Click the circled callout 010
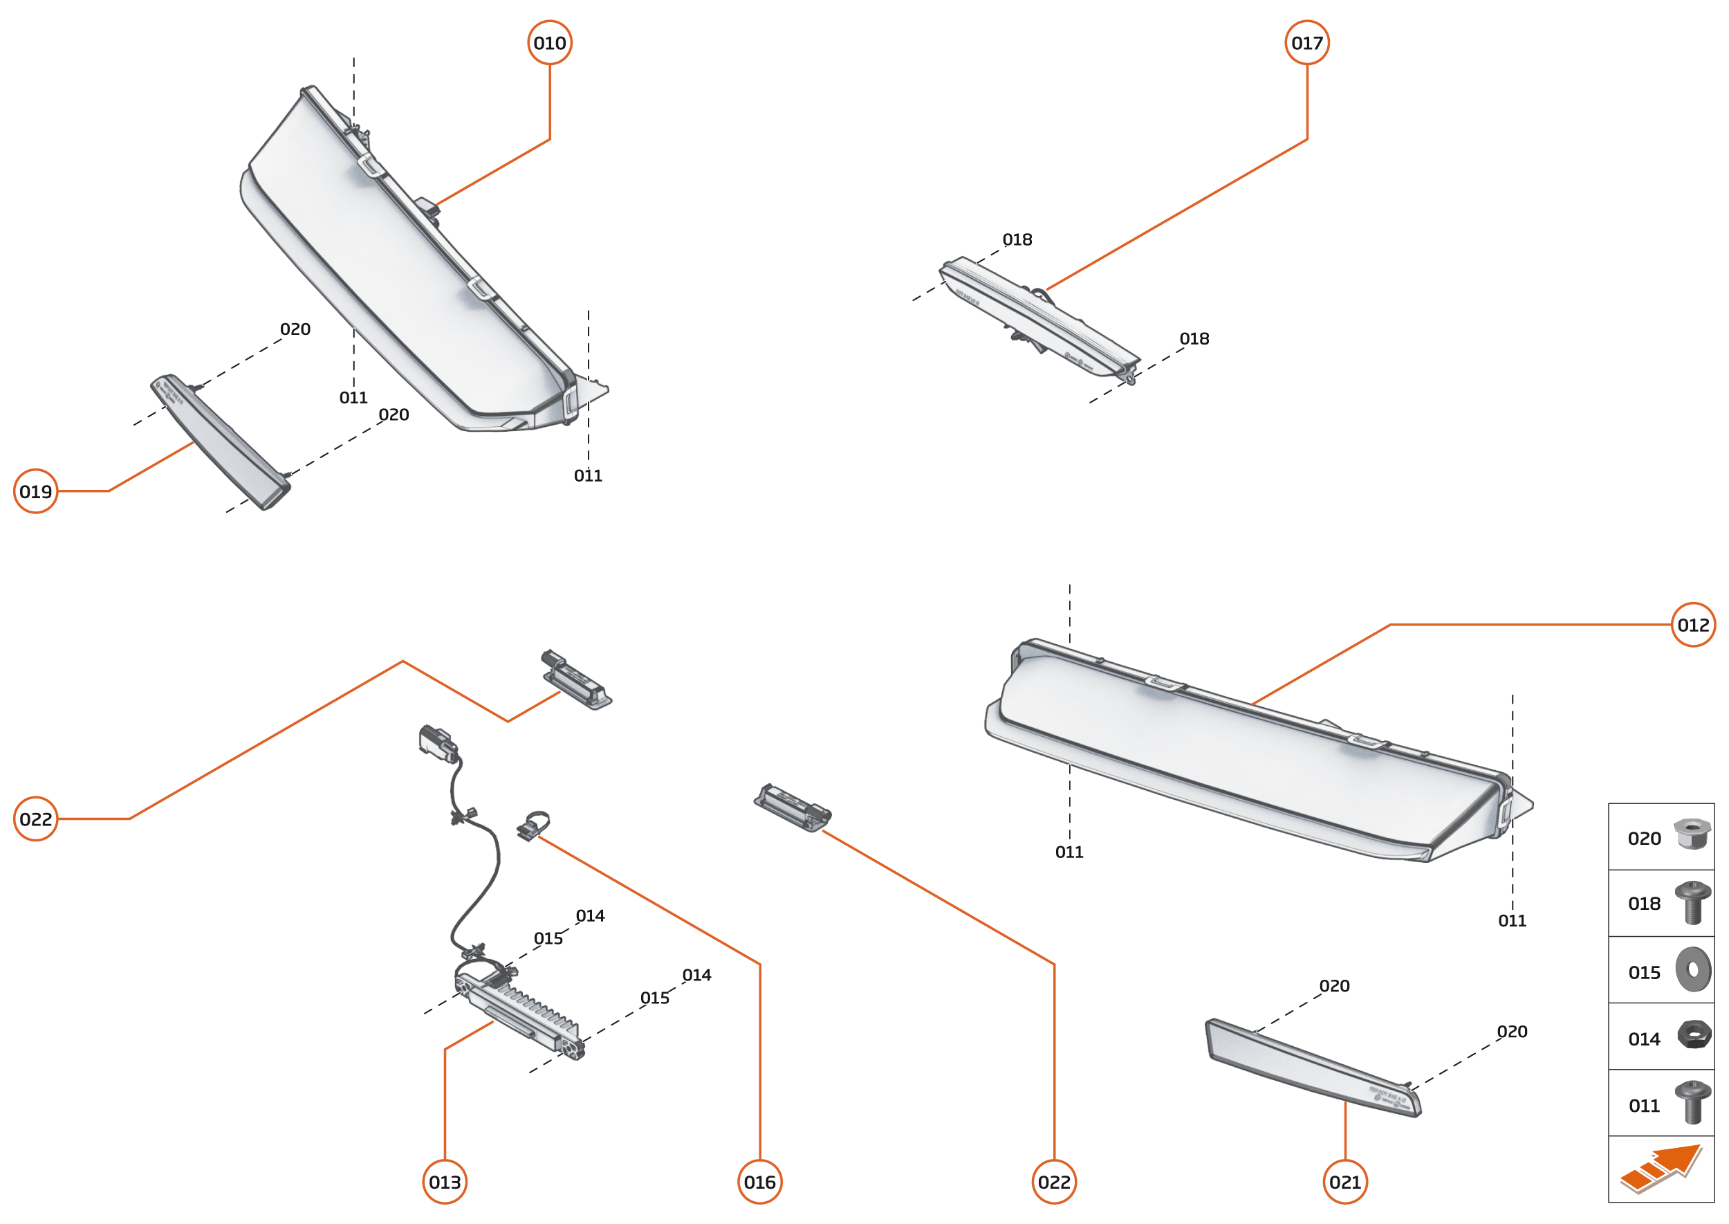[x=549, y=43]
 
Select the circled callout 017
[x=1306, y=43]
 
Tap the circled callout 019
[x=35, y=491]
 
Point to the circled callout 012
[x=1693, y=625]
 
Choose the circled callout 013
[x=445, y=1182]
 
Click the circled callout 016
[x=759, y=1182]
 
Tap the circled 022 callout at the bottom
[x=1054, y=1182]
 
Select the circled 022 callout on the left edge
[x=35, y=819]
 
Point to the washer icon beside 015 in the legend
[x=1693, y=970]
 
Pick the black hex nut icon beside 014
[x=1694, y=1035]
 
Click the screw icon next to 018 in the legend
[x=1692, y=902]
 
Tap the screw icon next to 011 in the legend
[x=1692, y=1102]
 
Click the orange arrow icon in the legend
[x=1661, y=1169]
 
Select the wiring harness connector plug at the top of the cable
[x=437, y=740]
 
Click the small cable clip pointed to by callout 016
[x=533, y=825]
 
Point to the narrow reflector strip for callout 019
[x=220, y=441]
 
